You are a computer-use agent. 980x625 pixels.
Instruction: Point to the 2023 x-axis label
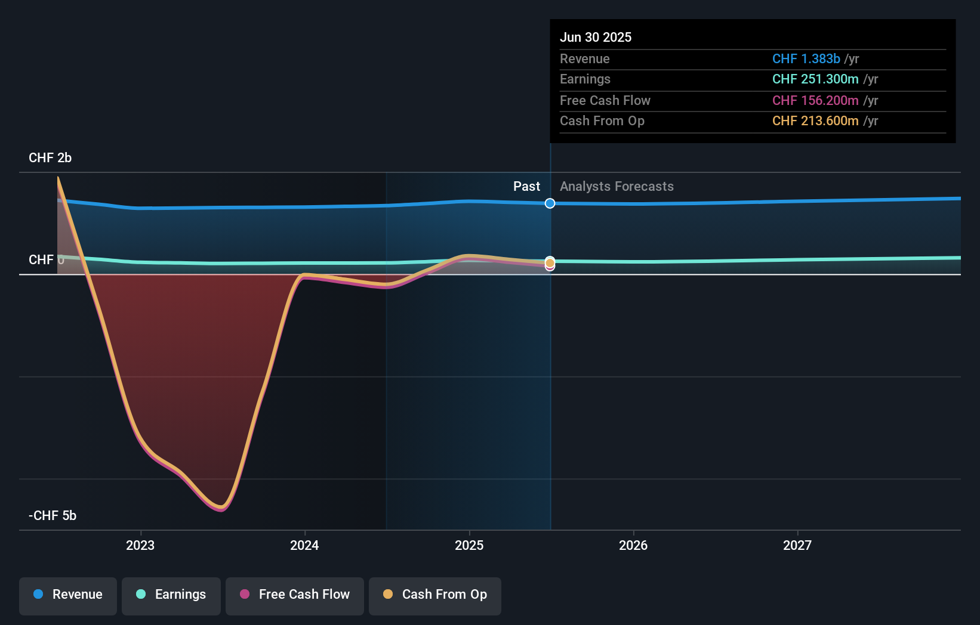(140, 546)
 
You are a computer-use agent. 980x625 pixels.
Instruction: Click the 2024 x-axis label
(304, 546)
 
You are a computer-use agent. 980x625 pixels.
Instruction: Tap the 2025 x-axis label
(469, 546)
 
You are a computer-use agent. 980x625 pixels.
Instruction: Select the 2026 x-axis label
(633, 546)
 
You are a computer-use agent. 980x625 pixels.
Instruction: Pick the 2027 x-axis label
(797, 546)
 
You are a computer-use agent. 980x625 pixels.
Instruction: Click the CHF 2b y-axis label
(50, 158)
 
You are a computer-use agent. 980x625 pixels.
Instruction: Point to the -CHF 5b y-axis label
(53, 516)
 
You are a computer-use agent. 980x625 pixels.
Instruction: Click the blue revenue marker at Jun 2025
(550, 203)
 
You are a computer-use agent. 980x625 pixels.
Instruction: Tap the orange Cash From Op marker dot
(550, 262)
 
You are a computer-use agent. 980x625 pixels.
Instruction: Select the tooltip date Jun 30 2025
(596, 37)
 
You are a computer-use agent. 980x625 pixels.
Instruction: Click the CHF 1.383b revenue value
(806, 58)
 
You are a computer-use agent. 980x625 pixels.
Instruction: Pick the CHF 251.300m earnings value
(815, 79)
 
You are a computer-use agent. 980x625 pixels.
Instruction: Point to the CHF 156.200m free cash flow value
(815, 101)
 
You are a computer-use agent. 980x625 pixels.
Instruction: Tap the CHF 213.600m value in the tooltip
(815, 120)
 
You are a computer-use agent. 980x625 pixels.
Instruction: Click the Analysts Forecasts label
(617, 187)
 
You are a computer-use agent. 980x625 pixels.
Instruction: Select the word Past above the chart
(527, 187)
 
